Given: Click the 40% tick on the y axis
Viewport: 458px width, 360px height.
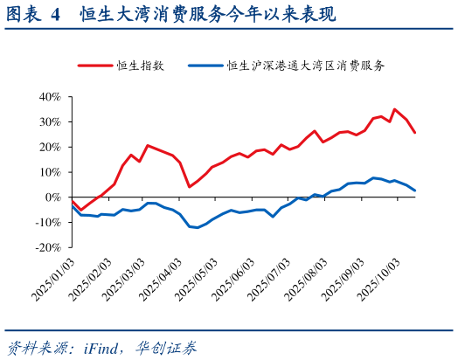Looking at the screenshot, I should (x=48, y=97).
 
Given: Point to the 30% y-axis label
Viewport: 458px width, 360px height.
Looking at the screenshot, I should (x=48, y=122).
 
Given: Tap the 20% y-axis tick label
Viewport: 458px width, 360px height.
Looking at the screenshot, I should (x=48, y=147).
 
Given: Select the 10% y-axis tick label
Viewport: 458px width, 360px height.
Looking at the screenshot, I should (x=48, y=172).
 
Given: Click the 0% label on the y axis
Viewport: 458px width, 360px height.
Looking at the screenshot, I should (x=52, y=197).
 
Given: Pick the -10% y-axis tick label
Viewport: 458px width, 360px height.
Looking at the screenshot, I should (x=46, y=223).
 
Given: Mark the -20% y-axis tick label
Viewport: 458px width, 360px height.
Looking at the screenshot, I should (x=46, y=247).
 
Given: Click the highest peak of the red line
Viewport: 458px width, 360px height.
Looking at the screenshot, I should (x=394, y=109).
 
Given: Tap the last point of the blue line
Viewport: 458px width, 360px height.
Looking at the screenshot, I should (x=415, y=190).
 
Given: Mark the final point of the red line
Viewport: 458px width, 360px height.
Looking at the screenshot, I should (x=415, y=133).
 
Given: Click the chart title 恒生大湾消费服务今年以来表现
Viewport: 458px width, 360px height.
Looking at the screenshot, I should (x=206, y=15).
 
